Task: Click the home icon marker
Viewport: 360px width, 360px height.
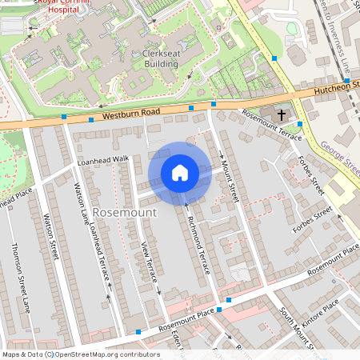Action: pos(180,173)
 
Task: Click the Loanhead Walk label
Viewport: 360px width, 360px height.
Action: pos(102,160)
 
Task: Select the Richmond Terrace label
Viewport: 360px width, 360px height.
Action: pos(198,245)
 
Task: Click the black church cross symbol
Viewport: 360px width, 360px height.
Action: pos(282,116)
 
